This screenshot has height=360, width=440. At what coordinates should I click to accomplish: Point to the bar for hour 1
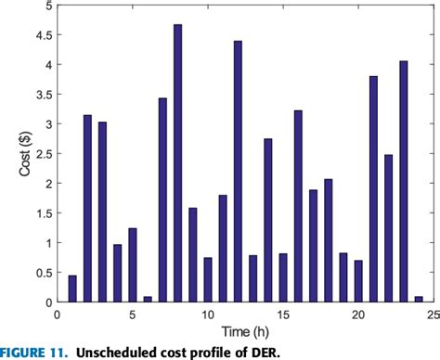pyautogui.click(x=72, y=289)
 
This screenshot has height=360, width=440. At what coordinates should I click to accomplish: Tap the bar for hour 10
pyautogui.click(x=208, y=279)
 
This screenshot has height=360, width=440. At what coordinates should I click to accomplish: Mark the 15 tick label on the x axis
pyautogui.click(x=283, y=314)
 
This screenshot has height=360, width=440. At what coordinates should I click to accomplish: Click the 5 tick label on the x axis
pyautogui.click(x=132, y=314)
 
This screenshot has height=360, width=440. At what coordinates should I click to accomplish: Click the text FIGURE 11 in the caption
pyautogui.click(x=34, y=352)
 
